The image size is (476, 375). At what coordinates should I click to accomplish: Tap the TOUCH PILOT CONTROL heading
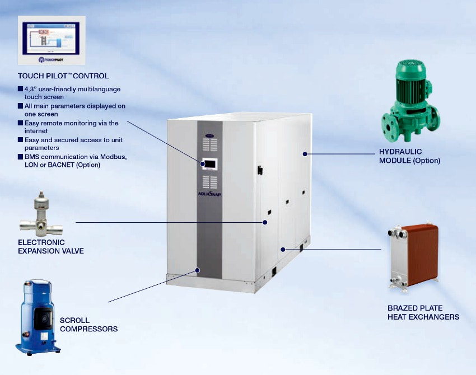[x=63, y=76]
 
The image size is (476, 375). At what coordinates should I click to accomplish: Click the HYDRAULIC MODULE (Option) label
[x=409, y=156]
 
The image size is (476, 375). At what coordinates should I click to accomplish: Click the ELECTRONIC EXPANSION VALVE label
[x=51, y=247]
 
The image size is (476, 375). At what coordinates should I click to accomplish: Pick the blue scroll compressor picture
[x=38, y=317]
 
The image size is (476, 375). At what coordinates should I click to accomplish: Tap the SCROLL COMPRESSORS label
[x=88, y=325]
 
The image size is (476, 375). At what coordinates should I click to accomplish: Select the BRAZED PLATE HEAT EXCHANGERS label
[x=423, y=312]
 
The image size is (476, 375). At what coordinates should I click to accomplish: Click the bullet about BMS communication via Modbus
[x=76, y=161]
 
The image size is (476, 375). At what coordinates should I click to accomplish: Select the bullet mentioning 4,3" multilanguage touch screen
[x=73, y=93]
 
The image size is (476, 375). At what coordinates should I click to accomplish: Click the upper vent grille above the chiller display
[x=209, y=144]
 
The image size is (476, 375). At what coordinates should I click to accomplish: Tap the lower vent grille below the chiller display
[x=209, y=181]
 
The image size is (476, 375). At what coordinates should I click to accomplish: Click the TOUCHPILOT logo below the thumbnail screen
[x=52, y=58]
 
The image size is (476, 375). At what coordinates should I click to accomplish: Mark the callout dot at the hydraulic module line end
[x=305, y=153]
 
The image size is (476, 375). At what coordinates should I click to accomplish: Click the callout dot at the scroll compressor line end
[x=198, y=270]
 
